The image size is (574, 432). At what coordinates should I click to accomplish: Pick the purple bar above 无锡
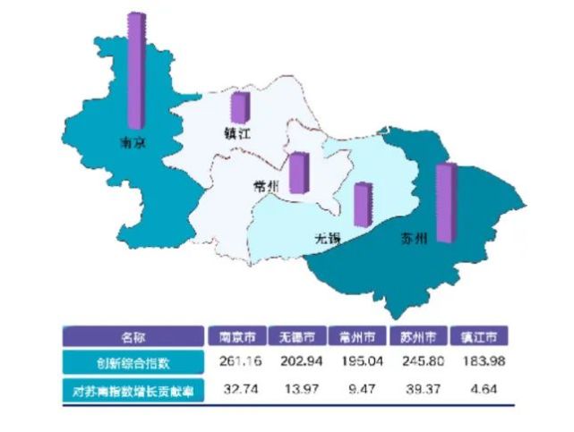tap(362, 204)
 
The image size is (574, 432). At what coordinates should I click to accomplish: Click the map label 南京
tap(133, 143)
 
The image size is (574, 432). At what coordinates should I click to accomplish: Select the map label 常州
tap(267, 186)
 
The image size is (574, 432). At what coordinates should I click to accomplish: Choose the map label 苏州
tap(414, 238)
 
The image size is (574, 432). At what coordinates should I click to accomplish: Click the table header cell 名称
tap(133, 337)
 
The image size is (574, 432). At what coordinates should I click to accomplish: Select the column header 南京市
tap(237, 337)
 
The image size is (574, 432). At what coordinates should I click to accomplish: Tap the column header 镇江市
tap(479, 337)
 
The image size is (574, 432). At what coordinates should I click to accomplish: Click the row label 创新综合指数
tap(133, 363)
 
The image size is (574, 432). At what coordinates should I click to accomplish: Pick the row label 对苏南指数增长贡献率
tap(133, 390)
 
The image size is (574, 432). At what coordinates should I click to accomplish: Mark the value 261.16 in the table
tap(237, 363)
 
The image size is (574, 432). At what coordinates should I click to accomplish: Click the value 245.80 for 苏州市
tap(419, 363)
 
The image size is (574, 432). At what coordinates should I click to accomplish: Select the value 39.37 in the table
tap(419, 390)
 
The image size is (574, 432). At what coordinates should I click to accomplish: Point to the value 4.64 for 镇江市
tap(479, 390)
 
